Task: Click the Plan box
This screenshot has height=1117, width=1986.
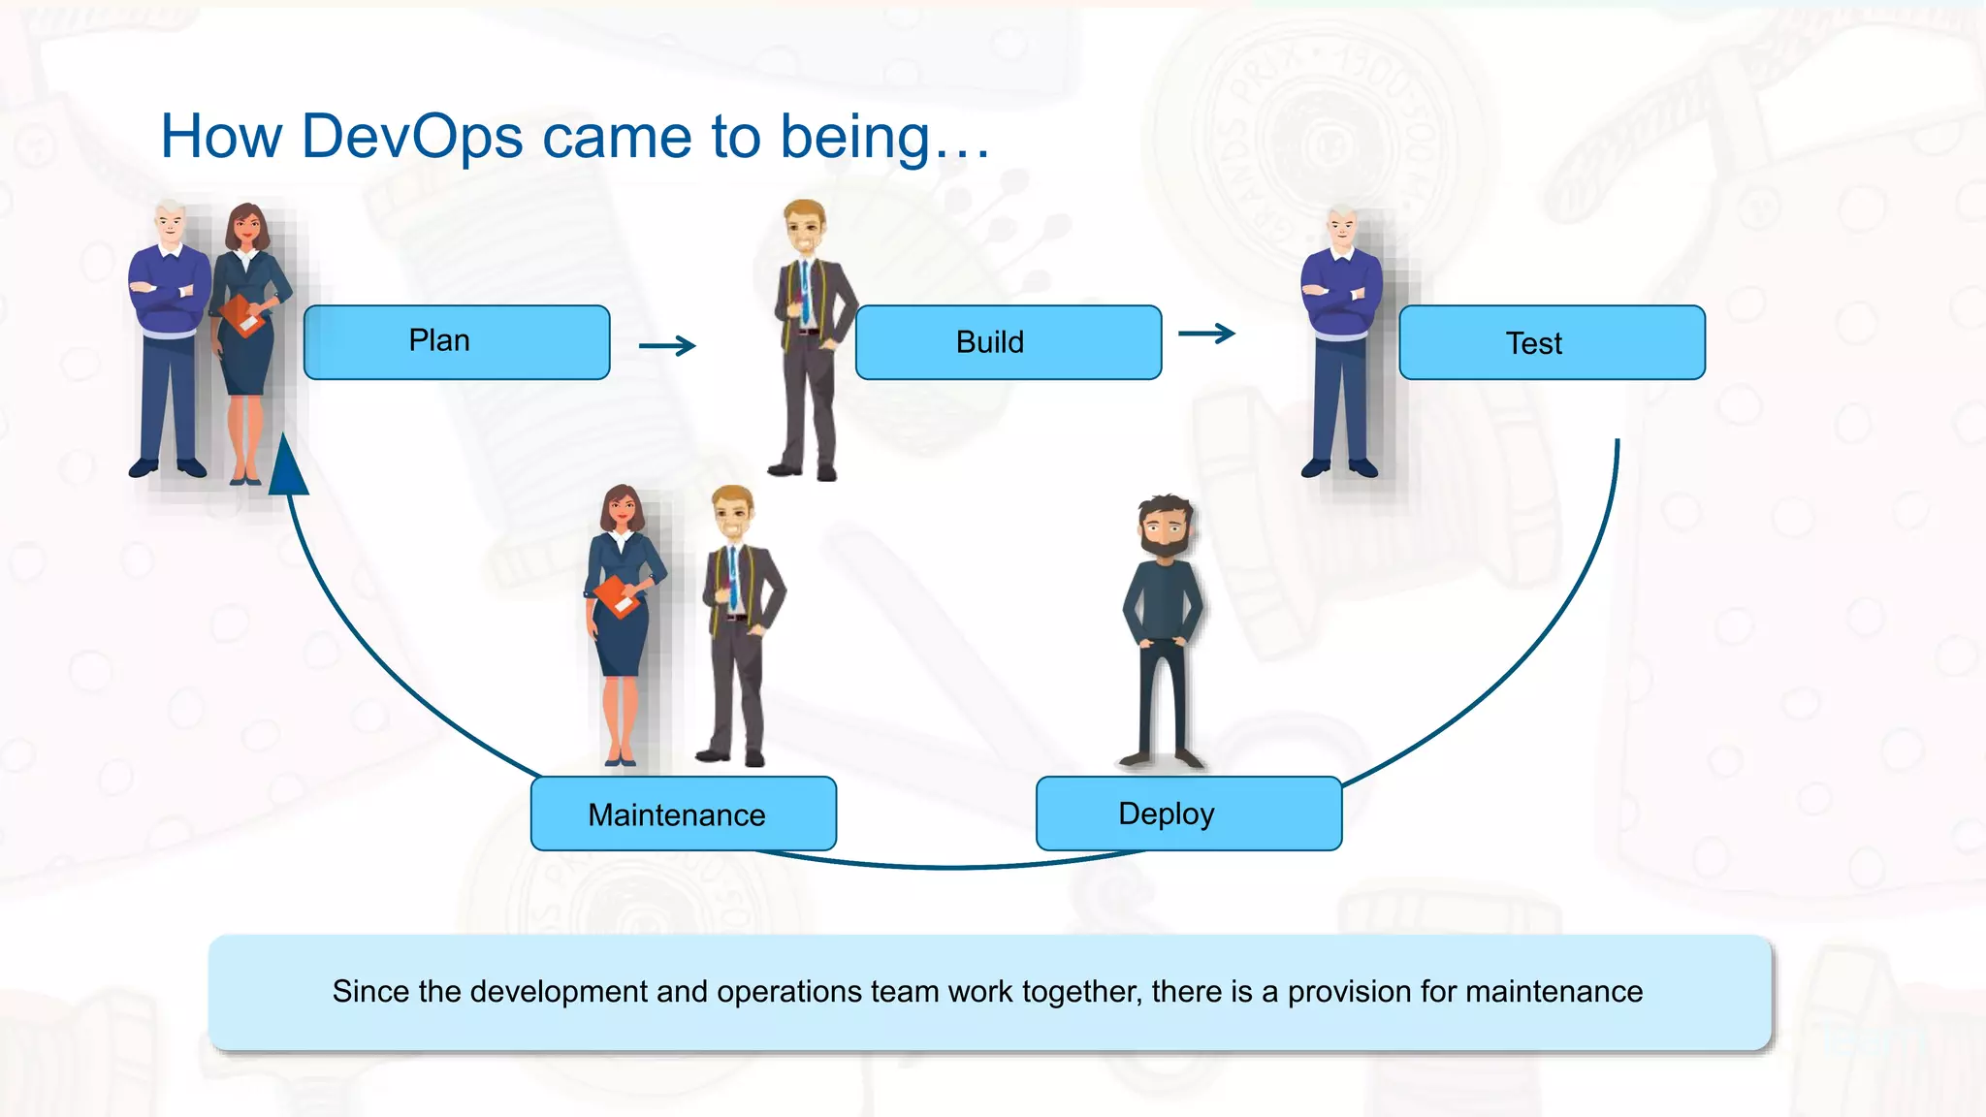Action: coord(456,341)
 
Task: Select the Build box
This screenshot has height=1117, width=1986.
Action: coord(1009,342)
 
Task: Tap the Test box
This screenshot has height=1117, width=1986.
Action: coord(1552,342)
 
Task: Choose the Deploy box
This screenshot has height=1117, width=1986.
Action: coord(1189,814)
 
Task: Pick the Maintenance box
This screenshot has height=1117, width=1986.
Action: coord(684,814)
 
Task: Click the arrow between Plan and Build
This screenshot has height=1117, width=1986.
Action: coord(667,345)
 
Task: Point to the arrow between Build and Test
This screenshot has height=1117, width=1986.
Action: coord(1206,334)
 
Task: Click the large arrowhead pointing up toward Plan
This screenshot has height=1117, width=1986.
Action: coord(288,467)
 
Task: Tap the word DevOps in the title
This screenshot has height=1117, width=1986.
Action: coord(412,137)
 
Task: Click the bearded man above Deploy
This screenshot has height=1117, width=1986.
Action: coord(1164,630)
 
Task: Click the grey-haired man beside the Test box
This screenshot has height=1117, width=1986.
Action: coord(1341,339)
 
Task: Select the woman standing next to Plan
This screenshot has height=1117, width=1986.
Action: coord(249,339)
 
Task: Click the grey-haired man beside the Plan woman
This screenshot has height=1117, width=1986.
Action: coord(170,339)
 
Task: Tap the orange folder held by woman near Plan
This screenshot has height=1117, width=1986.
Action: coord(241,314)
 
